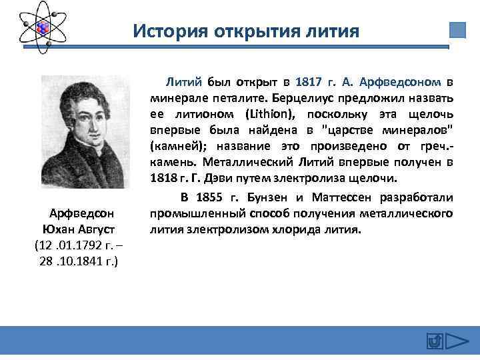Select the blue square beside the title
click(x=457, y=30)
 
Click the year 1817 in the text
click(x=308, y=82)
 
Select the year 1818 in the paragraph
click(x=163, y=178)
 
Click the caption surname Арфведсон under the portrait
click(x=82, y=213)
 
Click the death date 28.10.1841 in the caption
click(x=78, y=261)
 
